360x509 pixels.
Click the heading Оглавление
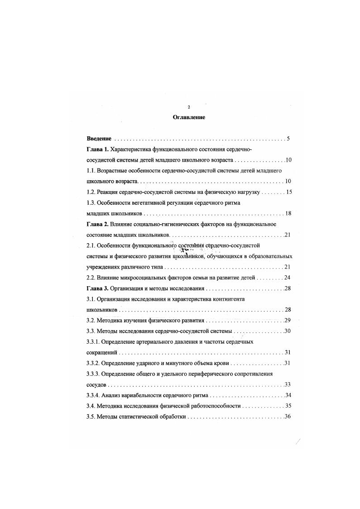tap(189, 117)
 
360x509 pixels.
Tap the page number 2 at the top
tap(188, 107)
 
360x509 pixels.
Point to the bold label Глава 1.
tap(97, 149)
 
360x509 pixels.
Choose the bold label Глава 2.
tap(97, 224)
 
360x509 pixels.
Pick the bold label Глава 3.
tap(97, 288)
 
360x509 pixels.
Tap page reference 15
tap(289, 192)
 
